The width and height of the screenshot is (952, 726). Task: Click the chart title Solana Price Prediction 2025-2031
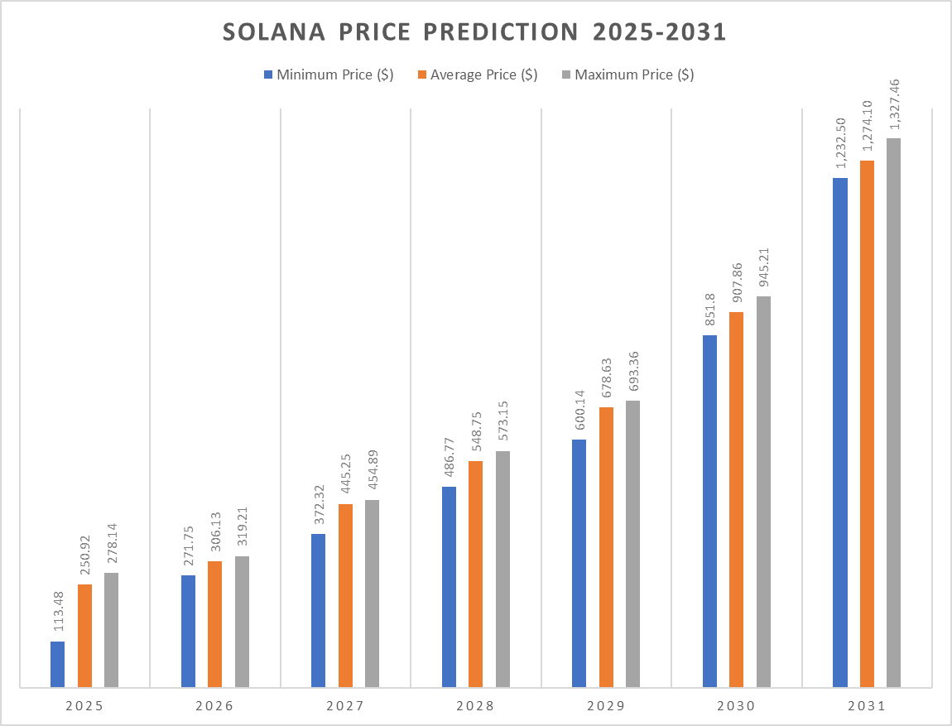pyautogui.click(x=475, y=32)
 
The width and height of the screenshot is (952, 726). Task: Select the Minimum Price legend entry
pyautogui.click(x=328, y=75)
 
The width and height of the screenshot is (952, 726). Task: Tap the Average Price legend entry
pyautogui.click(x=478, y=75)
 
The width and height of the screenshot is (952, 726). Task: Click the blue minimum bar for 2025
pyautogui.click(x=57, y=664)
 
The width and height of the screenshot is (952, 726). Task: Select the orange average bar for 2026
pyautogui.click(x=214, y=624)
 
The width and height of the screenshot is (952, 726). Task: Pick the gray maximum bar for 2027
pyautogui.click(x=372, y=594)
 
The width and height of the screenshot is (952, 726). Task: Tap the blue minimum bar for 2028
pyautogui.click(x=449, y=587)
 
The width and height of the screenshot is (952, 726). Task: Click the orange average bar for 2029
pyautogui.click(x=606, y=547)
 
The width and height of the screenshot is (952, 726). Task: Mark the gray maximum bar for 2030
pyautogui.click(x=763, y=492)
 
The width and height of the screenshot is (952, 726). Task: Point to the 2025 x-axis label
pyautogui.click(x=84, y=707)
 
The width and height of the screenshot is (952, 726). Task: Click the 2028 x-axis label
pyautogui.click(x=475, y=707)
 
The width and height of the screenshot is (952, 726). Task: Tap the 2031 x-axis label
pyautogui.click(x=866, y=707)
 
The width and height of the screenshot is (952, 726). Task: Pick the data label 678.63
pyautogui.click(x=606, y=378)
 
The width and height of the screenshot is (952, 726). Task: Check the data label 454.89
pyautogui.click(x=372, y=471)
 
